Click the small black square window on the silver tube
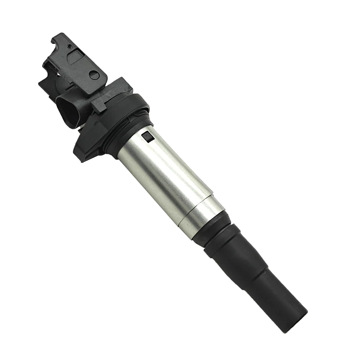(147, 136)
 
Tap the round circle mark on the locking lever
(94, 75)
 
